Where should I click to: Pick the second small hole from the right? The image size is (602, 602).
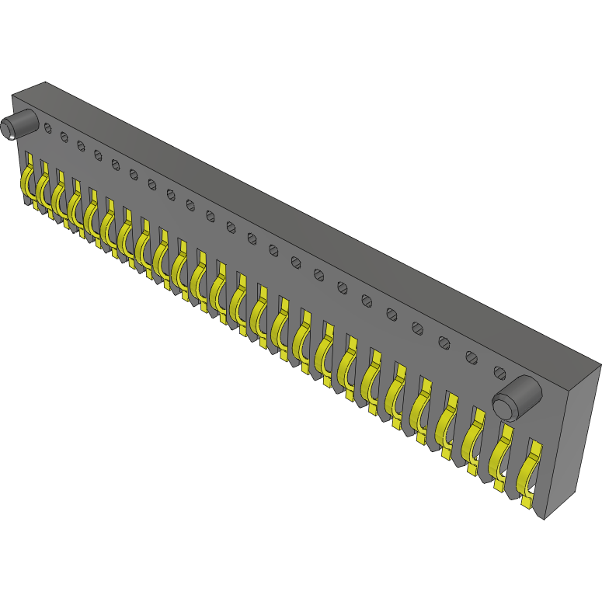(472, 357)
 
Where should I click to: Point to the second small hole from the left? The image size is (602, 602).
(64, 137)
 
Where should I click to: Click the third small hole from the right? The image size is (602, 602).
(444, 342)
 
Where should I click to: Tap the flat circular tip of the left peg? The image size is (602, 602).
(9, 129)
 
